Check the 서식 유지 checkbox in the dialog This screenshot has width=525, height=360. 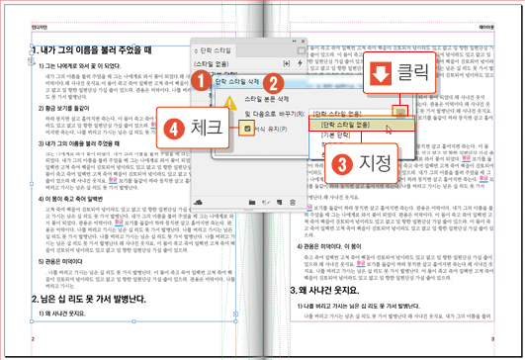tap(245, 130)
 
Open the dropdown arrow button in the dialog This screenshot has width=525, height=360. tap(400, 112)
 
